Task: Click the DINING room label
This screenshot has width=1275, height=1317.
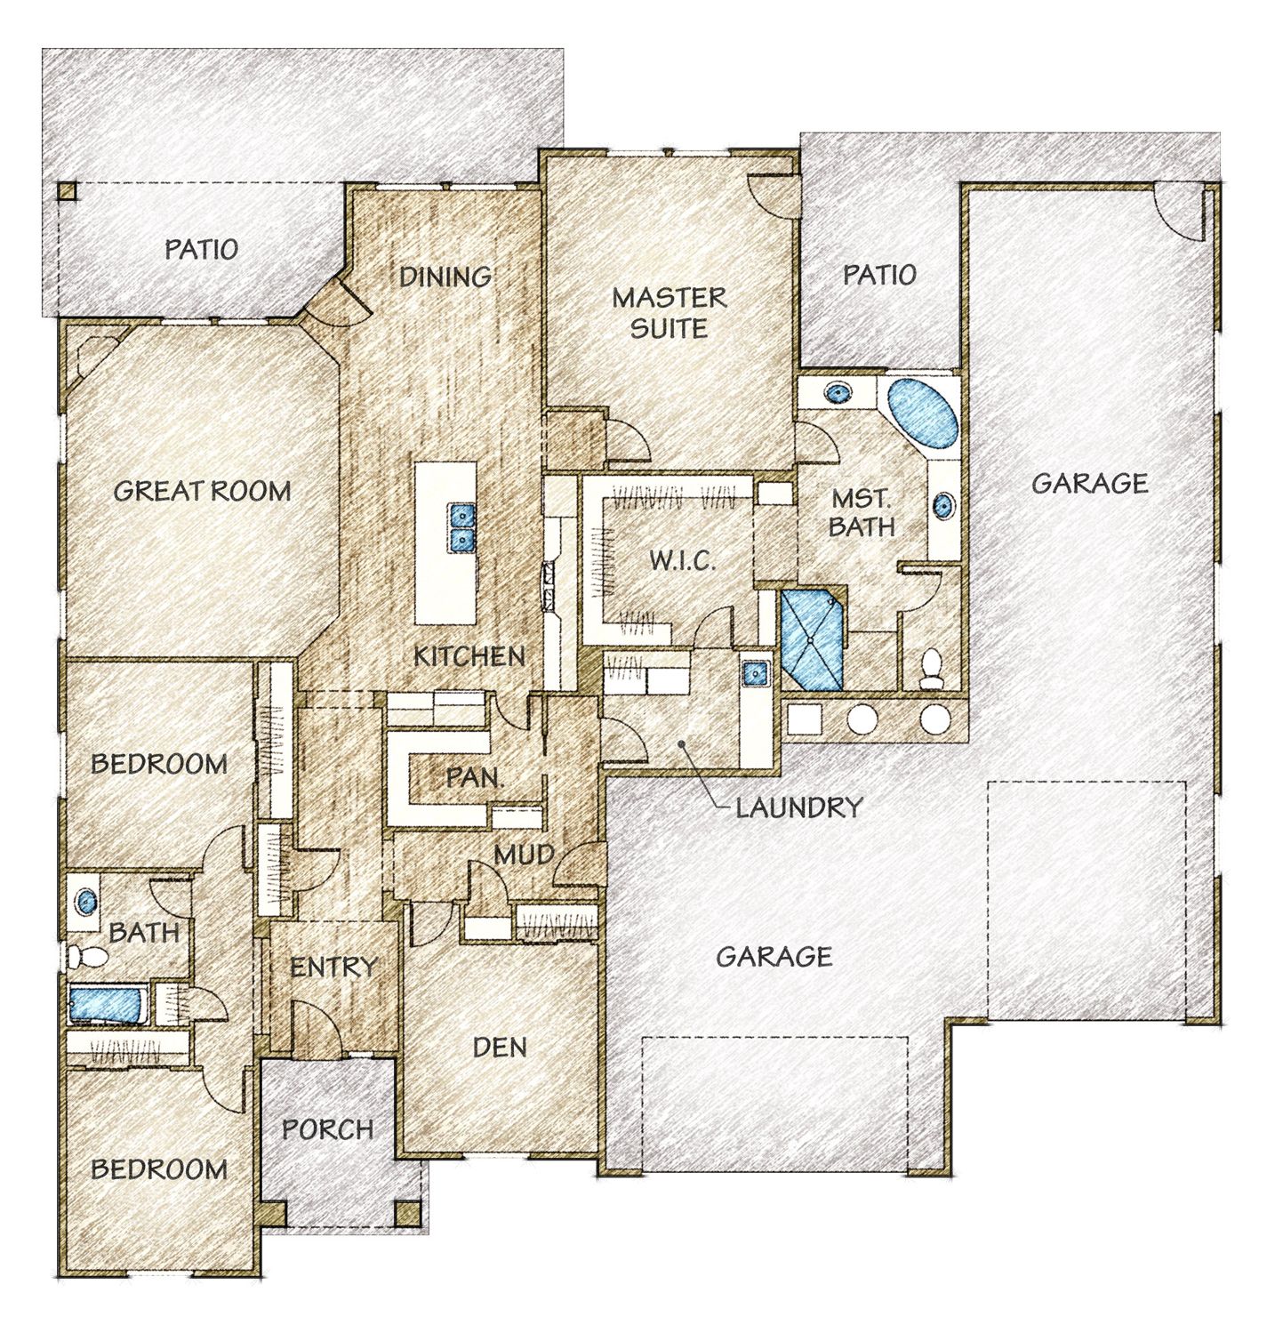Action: (x=445, y=277)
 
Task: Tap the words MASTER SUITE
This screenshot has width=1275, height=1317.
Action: (x=669, y=312)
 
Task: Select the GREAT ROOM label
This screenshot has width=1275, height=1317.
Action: (x=202, y=491)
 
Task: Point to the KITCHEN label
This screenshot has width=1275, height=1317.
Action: (x=469, y=656)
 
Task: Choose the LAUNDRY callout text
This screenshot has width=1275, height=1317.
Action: (x=798, y=807)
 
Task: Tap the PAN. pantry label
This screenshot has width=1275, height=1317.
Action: (x=475, y=778)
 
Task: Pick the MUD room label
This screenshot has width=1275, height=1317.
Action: (x=524, y=855)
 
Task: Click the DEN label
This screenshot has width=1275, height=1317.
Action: (x=500, y=1047)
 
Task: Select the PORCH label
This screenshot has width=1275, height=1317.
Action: (x=327, y=1129)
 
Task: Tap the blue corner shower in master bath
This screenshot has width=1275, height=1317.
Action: (x=811, y=639)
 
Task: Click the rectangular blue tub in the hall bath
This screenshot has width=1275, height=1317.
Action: (x=106, y=1005)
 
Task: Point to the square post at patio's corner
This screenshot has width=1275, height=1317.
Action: (x=67, y=193)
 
